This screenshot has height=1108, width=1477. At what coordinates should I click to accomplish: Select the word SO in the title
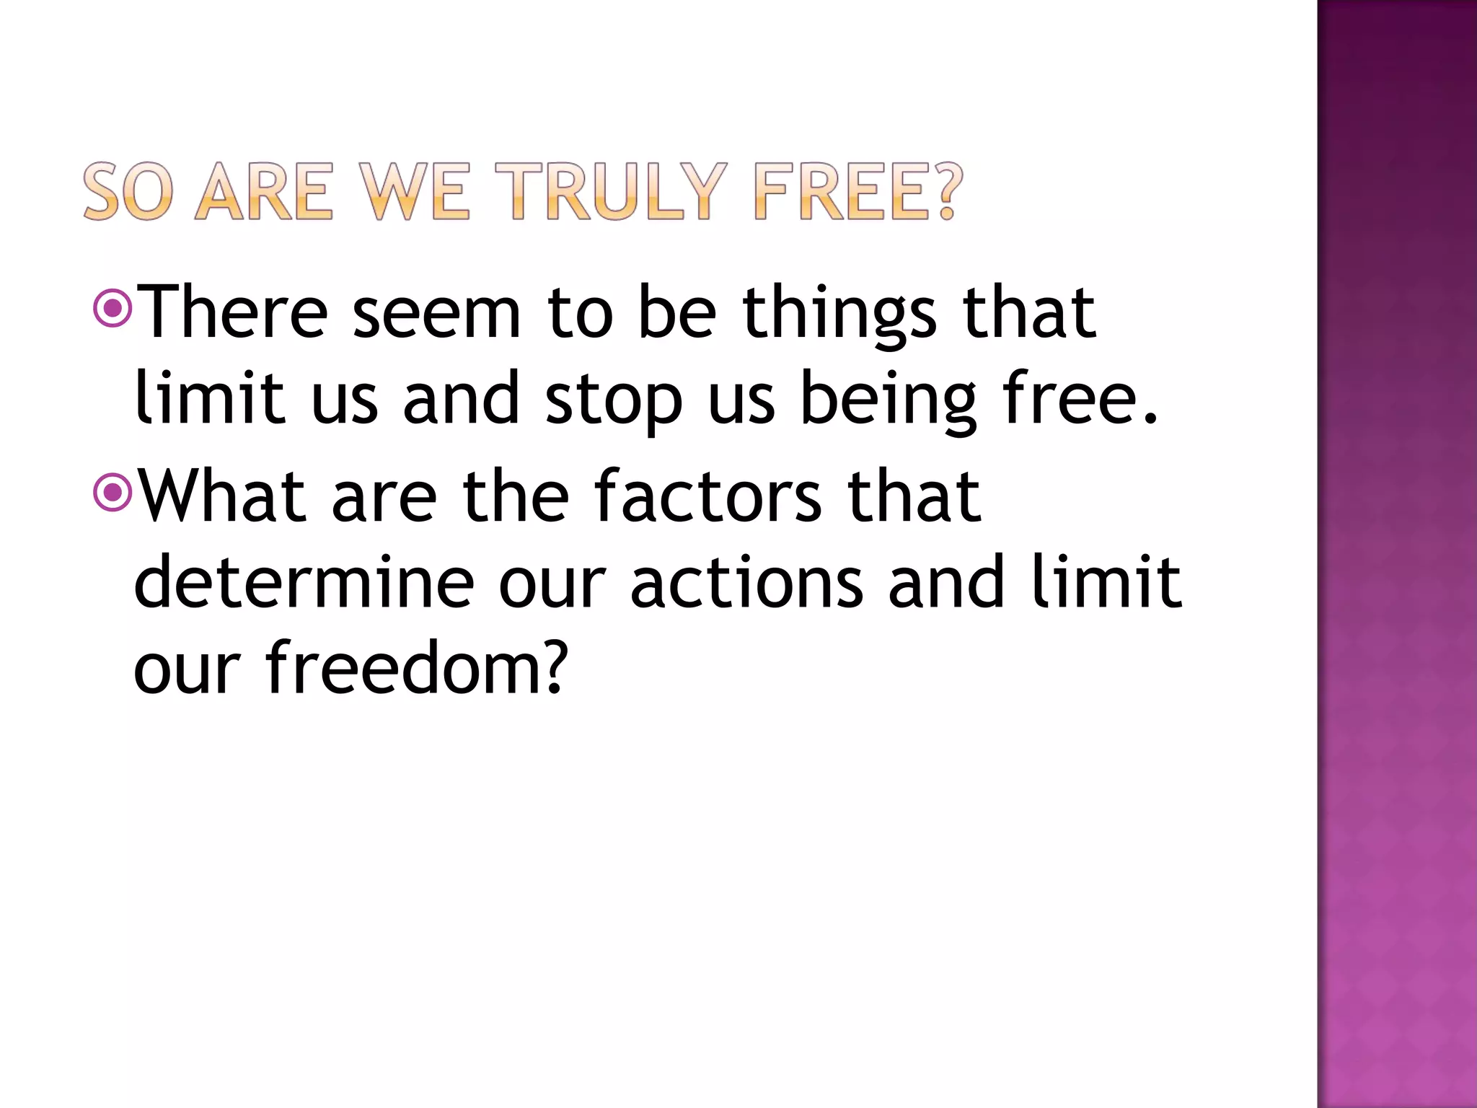[x=128, y=191]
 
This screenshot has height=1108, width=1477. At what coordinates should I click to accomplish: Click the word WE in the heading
[x=415, y=191]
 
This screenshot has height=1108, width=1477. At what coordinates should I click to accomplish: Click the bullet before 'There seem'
[x=113, y=309]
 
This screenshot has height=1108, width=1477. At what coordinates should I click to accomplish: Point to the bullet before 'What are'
[x=113, y=493]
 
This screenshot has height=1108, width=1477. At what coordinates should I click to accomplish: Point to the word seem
[x=436, y=313]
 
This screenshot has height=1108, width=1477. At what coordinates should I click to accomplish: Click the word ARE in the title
[x=264, y=191]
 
